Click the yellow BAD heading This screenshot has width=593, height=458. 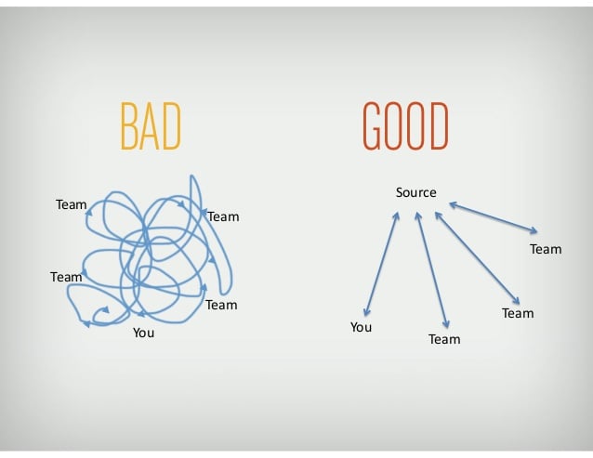pyautogui.click(x=151, y=125)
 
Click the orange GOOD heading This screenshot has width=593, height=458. pyautogui.click(x=405, y=125)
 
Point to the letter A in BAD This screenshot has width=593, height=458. pyautogui.click(x=150, y=125)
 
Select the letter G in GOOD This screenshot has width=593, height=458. pyautogui.click(x=372, y=125)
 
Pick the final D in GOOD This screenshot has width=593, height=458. pyautogui.click(x=439, y=125)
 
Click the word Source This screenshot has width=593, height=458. pyautogui.click(x=416, y=192)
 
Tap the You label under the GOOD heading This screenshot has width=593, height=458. pyautogui.click(x=361, y=327)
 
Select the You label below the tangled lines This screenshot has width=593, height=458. pyautogui.click(x=143, y=333)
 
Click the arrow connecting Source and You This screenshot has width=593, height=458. pyautogui.click(x=381, y=264)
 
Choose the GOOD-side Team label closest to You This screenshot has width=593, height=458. pyautogui.click(x=444, y=339)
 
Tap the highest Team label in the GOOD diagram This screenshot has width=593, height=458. pyautogui.click(x=546, y=249)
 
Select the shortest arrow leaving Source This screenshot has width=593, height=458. pyautogui.click(x=494, y=218)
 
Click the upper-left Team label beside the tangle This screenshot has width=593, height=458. pyautogui.click(x=71, y=204)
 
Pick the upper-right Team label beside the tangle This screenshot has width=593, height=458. pyautogui.click(x=223, y=216)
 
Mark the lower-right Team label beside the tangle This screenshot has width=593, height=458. pyautogui.click(x=221, y=305)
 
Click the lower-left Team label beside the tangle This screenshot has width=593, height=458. pyautogui.click(x=66, y=277)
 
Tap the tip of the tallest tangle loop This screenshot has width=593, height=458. pyautogui.click(x=192, y=176)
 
